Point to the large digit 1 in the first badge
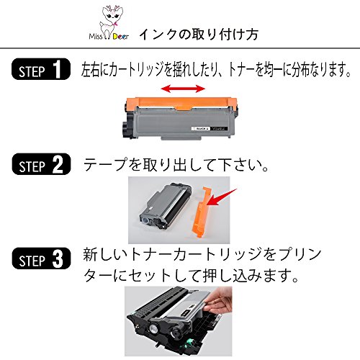(58, 70)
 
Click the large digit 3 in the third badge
(58, 257)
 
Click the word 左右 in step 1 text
(91, 70)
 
